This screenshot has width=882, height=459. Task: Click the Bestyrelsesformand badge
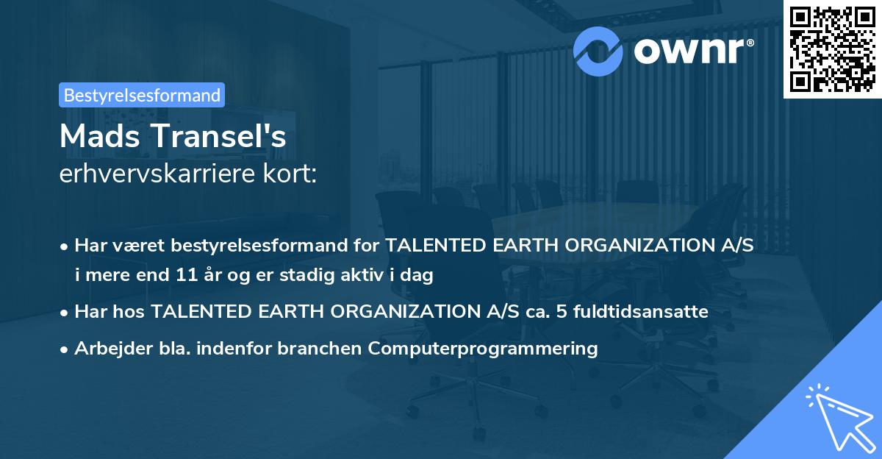pos(142,95)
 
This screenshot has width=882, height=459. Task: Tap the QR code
pos(833,49)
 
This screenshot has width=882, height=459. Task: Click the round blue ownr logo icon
pos(598,51)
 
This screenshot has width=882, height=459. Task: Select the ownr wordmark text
pos(689,51)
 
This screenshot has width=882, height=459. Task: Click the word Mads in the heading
pos(100,136)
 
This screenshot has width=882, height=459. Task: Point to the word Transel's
pos(219,136)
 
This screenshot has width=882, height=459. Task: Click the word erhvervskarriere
pos(157,174)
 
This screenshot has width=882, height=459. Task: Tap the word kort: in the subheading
pos(290,174)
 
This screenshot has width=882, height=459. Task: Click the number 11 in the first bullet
pos(187,274)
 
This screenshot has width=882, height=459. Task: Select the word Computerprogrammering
pos(483,349)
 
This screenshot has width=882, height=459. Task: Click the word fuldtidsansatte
pos(641,312)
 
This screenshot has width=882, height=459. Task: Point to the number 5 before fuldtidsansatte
pos(562,312)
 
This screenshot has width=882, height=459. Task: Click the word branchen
pos(319,348)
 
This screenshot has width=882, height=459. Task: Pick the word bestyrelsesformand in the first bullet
pos(259,246)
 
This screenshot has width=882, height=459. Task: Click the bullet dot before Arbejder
pos(64,349)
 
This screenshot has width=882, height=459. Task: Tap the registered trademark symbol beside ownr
pos(750,43)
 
